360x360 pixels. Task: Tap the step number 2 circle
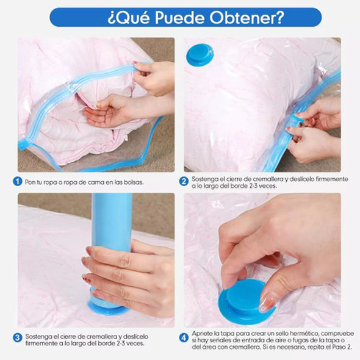pos(184,181)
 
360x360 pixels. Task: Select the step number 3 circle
pos(18,337)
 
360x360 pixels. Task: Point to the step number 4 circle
pos(184,337)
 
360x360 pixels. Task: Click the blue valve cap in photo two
pos(200,54)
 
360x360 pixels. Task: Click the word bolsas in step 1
pos(132,182)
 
